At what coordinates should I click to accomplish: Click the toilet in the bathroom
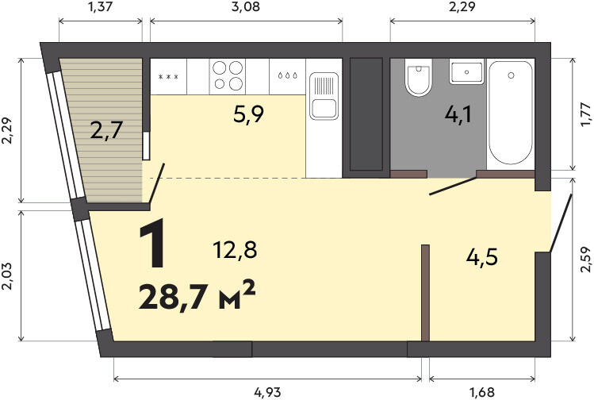point(418,77)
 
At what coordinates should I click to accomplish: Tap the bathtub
point(511,113)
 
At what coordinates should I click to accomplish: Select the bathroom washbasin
point(466,71)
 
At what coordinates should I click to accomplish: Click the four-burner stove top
point(228,76)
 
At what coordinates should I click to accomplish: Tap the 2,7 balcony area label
point(106,130)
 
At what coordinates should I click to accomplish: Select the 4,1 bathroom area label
point(458,114)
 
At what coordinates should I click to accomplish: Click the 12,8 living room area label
point(235,250)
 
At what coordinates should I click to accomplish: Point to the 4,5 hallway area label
point(482,258)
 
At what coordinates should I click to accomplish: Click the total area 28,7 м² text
point(197,296)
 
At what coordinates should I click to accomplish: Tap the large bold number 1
point(153,243)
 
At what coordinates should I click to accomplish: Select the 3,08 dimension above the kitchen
point(246,6)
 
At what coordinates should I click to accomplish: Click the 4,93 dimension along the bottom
point(267,392)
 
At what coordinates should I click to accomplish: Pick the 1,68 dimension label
point(482,392)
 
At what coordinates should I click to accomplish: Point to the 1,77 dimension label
point(585,114)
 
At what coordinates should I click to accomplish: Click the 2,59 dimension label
point(585,260)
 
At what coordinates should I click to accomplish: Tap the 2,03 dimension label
point(7,276)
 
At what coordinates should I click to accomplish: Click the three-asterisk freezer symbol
point(168,77)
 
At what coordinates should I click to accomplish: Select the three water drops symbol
point(287,75)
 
